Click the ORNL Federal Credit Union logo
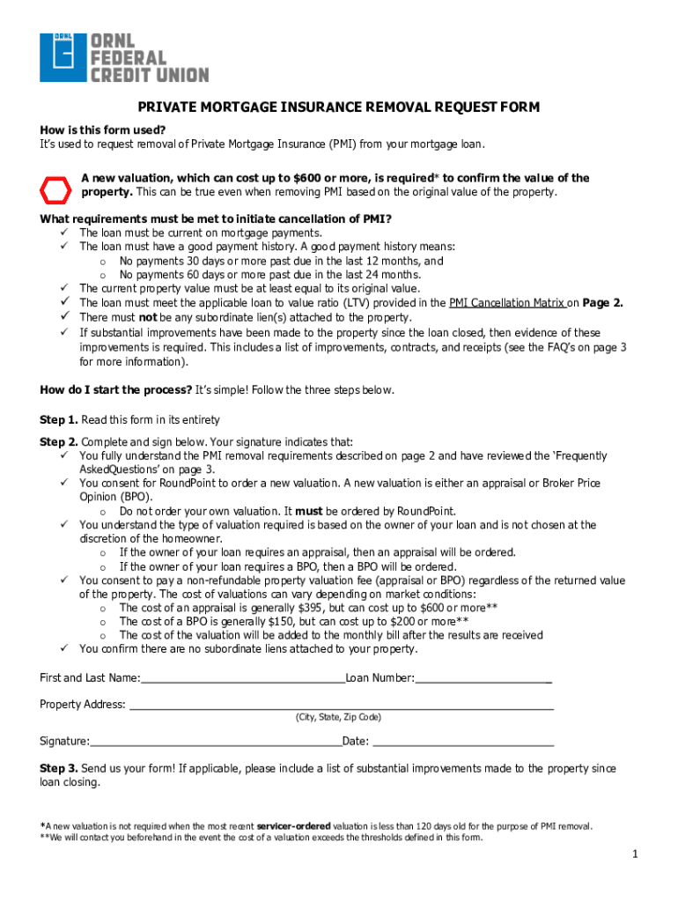point(124,57)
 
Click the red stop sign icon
point(56,188)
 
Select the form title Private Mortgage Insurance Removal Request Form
point(338,107)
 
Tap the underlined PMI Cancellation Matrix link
point(506,303)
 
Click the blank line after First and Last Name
point(242,679)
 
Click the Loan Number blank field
point(483,679)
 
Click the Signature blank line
point(215,742)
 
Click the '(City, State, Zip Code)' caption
point(338,718)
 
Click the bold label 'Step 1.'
point(59,420)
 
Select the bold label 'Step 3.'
point(59,769)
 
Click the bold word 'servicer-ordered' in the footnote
point(293,827)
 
